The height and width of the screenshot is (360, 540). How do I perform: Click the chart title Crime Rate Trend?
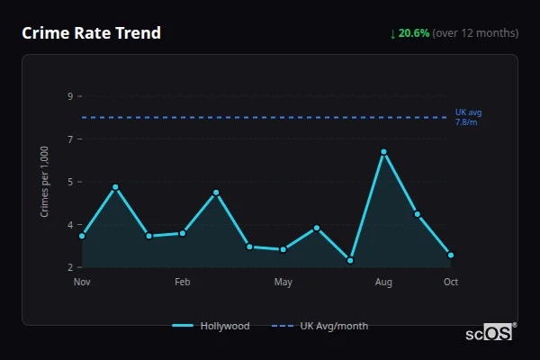point(91,33)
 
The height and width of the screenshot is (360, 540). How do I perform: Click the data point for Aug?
point(383,152)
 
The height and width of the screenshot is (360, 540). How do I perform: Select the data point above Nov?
point(82,236)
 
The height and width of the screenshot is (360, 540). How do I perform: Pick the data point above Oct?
point(451,255)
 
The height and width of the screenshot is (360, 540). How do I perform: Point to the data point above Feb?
point(183,233)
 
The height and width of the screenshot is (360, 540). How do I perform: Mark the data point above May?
point(283,249)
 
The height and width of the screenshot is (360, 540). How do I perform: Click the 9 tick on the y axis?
point(70,95)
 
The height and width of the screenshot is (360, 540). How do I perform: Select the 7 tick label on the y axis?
point(70,139)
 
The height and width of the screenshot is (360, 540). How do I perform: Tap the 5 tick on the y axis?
point(70,182)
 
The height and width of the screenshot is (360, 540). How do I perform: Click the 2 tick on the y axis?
point(70,267)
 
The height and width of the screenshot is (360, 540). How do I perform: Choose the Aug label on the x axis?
point(383,283)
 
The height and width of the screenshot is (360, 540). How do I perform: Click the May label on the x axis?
point(283,283)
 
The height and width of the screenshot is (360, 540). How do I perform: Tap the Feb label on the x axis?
point(183,283)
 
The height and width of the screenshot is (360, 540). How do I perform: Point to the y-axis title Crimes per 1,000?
point(45,181)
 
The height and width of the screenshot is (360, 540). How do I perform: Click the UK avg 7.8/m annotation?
point(467,117)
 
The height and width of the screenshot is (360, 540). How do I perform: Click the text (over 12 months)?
point(475,33)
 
